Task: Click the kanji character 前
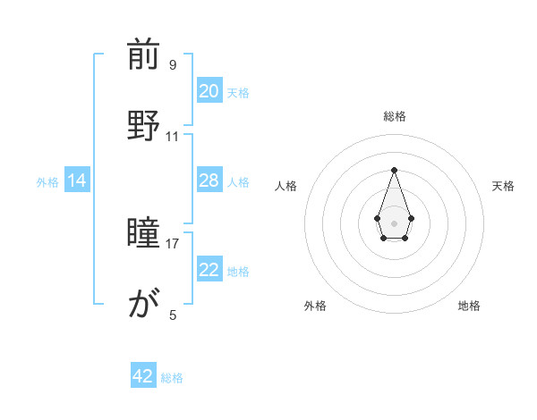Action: pos(143,55)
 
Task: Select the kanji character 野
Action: pos(143,124)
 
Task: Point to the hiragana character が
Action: pos(143,307)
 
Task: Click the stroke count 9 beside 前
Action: pos(173,65)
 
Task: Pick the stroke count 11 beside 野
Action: pos(173,137)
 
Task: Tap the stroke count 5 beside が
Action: pos(173,315)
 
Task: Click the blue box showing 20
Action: pos(209,91)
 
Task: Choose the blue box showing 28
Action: pos(209,181)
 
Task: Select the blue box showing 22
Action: pos(209,270)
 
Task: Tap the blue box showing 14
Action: pos(77,181)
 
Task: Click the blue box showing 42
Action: pos(143,376)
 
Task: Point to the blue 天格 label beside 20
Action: pos(238,93)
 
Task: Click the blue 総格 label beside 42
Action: pos(172,378)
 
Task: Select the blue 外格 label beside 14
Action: pos(47,182)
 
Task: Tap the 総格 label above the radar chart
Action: pos(394,116)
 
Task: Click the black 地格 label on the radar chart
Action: pos(469,306)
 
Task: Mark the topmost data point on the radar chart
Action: pos(394,170)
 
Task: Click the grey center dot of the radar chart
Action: pos(394,222)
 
